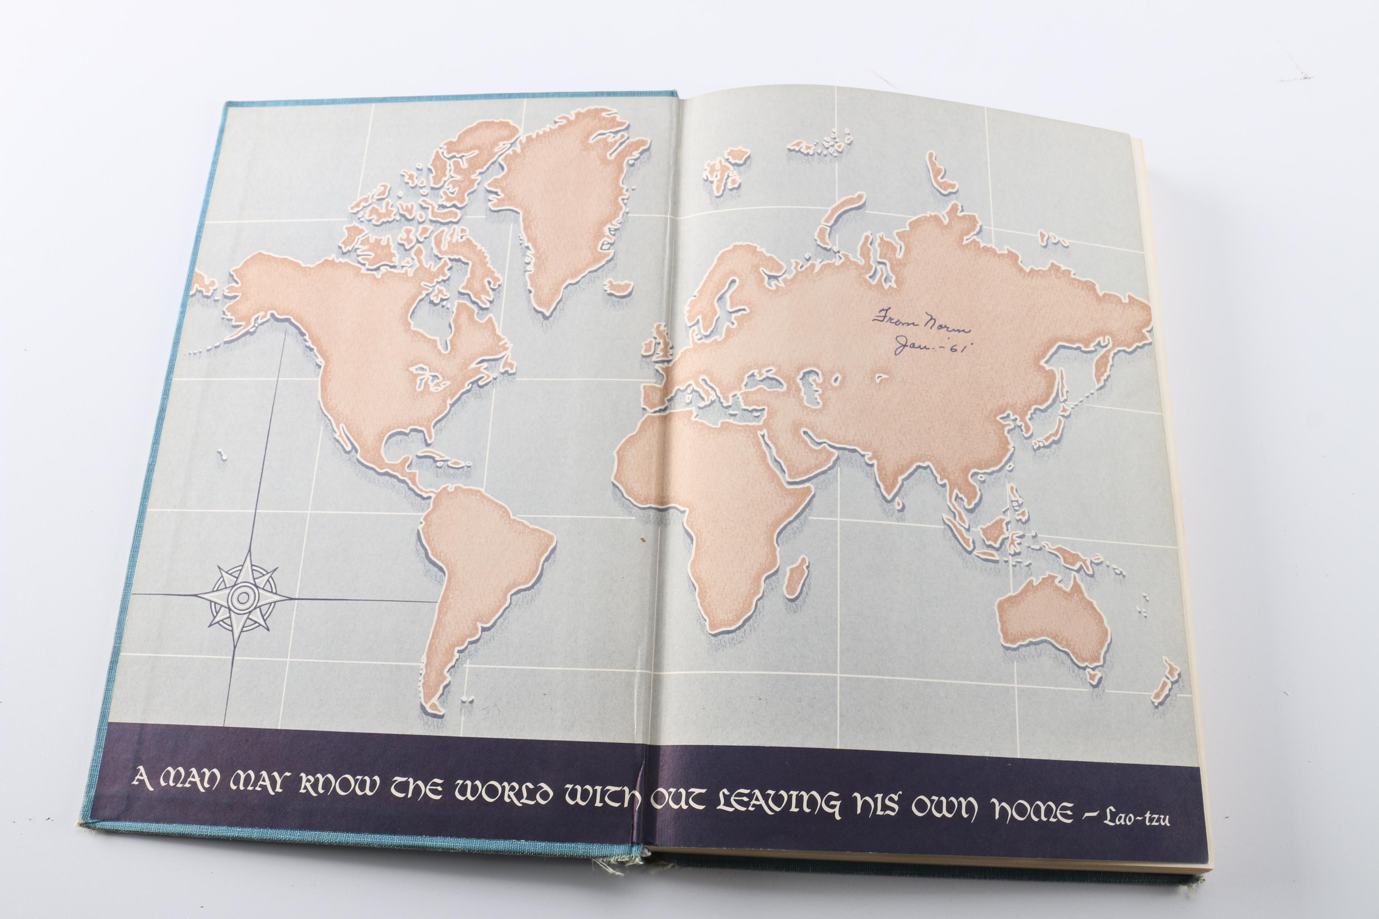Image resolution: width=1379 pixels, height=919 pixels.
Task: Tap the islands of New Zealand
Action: tap(1164, 683)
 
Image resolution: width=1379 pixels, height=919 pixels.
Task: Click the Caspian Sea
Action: tap(812, 387)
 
